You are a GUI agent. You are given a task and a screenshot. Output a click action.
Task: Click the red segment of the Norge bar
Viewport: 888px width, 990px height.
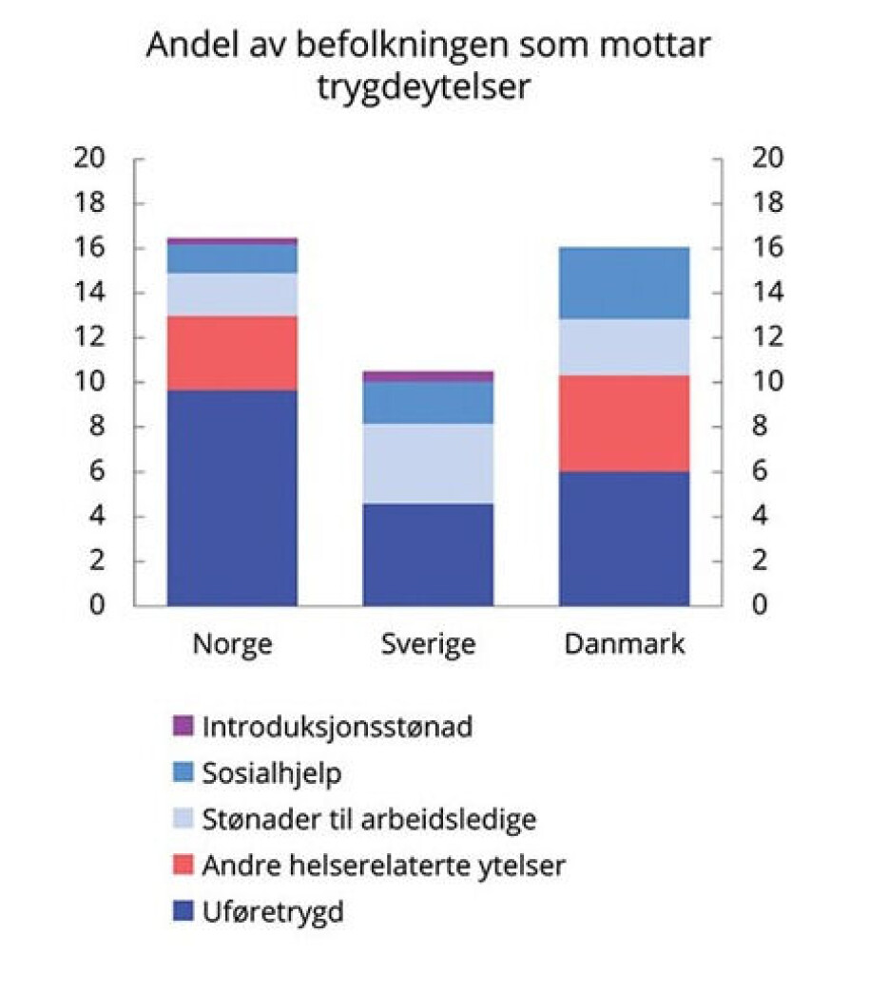(232, 352)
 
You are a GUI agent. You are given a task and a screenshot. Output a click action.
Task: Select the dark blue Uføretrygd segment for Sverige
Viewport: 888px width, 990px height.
(428, 554)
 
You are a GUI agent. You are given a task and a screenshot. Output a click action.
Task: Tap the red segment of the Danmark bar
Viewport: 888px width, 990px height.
(624, 423)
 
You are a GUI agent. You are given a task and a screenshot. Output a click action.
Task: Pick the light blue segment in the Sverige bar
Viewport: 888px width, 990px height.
(428, 463)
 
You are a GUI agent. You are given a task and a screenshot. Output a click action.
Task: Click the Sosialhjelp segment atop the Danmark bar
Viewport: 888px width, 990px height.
(624, 282)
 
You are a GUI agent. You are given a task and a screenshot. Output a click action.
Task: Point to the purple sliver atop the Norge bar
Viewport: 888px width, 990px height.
(232, 241)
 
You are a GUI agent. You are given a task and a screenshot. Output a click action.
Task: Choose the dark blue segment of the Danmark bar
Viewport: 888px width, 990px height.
(624, 538)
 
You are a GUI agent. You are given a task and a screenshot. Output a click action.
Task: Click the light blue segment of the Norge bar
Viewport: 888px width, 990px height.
(232, 295)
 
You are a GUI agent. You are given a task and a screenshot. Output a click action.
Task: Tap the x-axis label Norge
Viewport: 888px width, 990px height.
(232, 645)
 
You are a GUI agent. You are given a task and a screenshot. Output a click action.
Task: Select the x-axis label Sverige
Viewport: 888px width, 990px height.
(428, 645)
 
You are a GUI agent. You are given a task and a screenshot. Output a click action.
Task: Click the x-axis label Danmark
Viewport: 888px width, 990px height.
(624, 645)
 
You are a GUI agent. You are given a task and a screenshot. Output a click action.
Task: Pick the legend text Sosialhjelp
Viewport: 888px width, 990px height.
(272, 772)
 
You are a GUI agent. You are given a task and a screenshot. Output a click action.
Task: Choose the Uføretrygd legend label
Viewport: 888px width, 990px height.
(273, 913)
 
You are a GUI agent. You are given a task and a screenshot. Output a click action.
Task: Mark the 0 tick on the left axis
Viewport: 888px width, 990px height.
(97, 605)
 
